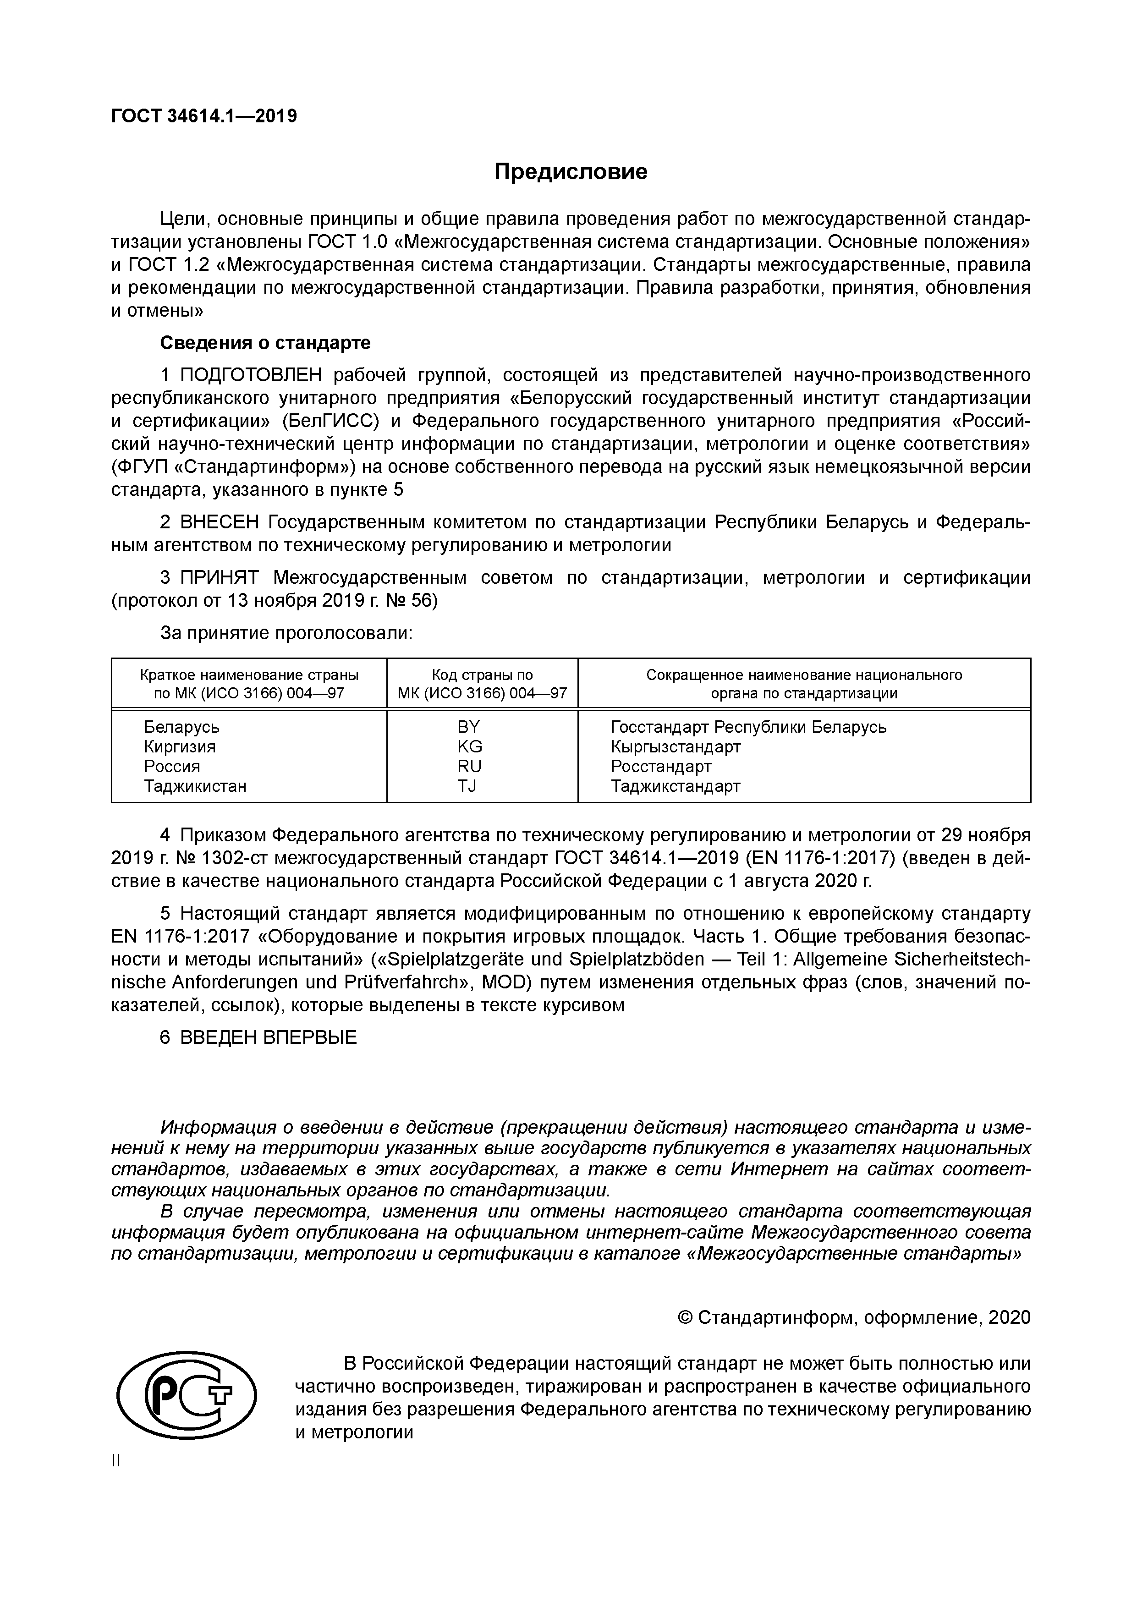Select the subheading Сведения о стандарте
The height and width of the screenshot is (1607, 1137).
(265, 343)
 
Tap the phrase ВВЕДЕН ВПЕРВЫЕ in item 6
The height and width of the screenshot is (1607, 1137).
(268, 1037)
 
